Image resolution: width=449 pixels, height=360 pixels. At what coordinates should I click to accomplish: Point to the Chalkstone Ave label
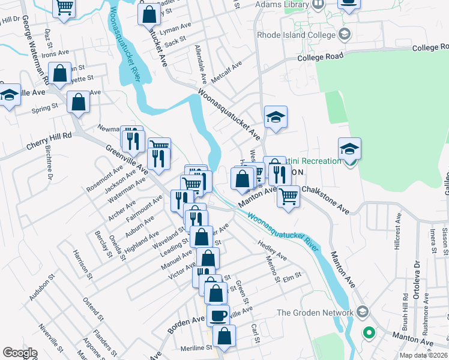[x=325, y=199]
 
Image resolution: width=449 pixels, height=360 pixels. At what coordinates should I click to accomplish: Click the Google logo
[x=20, y=353]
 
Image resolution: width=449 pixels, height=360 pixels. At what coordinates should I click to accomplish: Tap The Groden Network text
[x=315, y=313]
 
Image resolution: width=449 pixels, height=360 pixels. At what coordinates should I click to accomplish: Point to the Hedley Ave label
[x=272, y=251]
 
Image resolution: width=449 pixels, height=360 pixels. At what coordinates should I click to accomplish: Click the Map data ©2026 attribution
[x=423, y=355]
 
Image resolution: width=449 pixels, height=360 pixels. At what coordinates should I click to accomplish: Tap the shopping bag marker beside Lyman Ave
[x=149, y=13]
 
